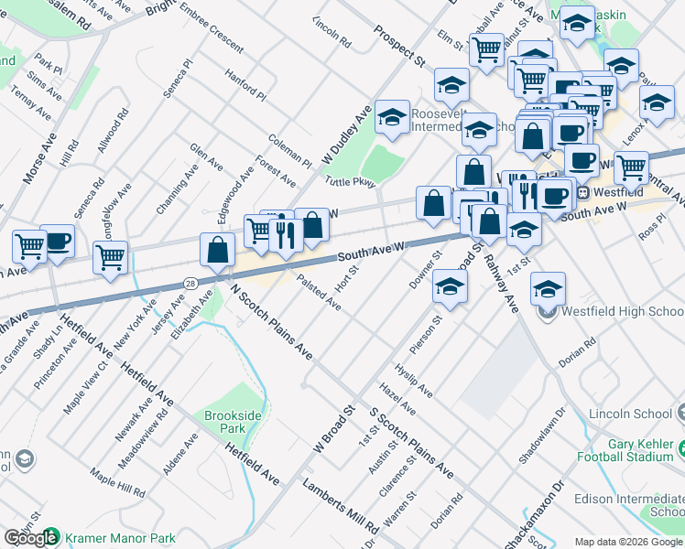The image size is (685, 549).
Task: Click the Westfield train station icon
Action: point(582,193)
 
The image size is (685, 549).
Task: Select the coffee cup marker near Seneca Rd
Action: point(58,242)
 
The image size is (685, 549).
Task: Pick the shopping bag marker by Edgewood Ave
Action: point(218,250)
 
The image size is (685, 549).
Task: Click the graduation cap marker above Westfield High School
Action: point(548,289)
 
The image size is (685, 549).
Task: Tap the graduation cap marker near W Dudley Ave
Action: point(392,118)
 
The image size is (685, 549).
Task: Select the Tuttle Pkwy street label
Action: point(350,183)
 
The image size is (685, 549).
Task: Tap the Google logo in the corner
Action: point(30,538)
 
